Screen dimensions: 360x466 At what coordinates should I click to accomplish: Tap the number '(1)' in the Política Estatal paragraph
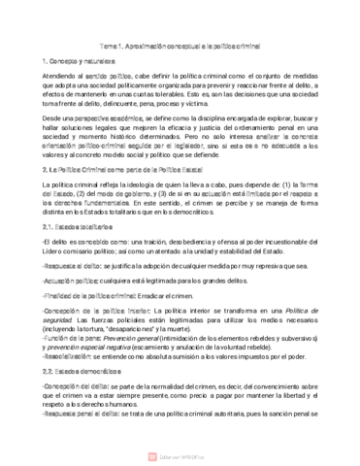tap(277, 183)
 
